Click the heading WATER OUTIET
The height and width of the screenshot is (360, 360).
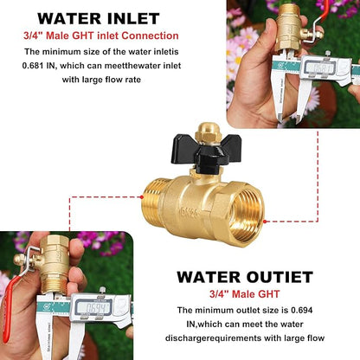(x=245, y=277)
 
